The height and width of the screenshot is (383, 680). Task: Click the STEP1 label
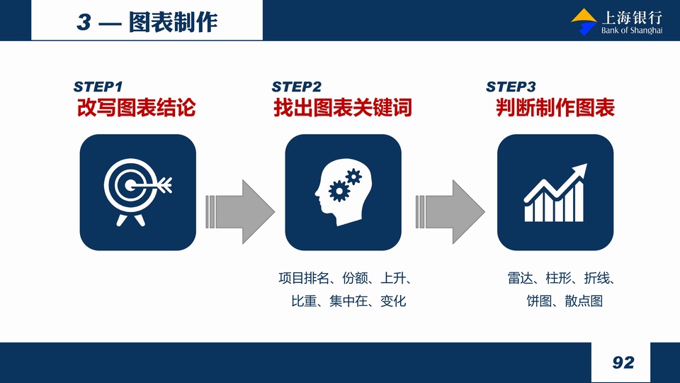point(98,87)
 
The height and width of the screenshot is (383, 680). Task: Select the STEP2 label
point(297,87)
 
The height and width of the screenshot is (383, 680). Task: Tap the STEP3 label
point(511,87)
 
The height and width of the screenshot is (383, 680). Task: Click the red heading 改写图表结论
point(137,108)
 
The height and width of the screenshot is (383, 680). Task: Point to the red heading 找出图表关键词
point(343,108)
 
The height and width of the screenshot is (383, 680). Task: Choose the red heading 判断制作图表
point(555,108)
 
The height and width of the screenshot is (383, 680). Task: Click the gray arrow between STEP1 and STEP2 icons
point(240,212)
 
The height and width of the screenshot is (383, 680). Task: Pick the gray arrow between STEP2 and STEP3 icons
point(450,212)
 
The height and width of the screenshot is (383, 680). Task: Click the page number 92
point(623,362)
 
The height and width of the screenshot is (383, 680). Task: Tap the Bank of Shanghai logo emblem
point(584,22)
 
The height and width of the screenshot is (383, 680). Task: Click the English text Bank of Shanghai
point(632,30)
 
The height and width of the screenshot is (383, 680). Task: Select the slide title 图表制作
point(173,22)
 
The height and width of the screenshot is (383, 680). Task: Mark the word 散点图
point(584,301)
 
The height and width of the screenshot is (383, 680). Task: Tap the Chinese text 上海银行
point(632,17)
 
